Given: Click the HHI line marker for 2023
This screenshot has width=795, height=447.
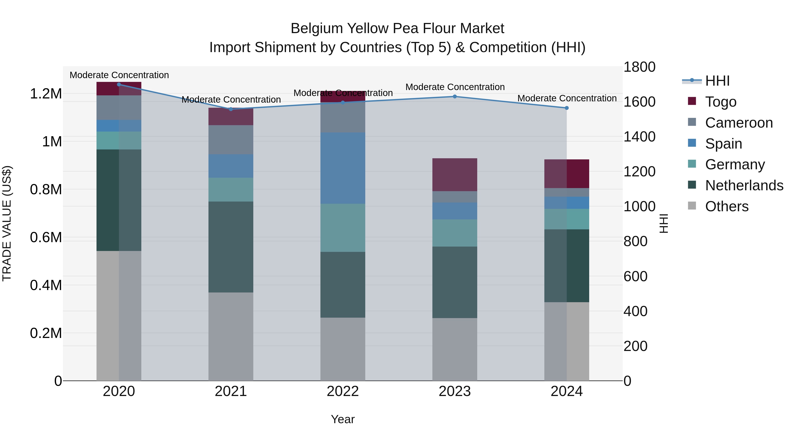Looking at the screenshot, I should [455, 96].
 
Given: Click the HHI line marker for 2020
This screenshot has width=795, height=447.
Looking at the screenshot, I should [119, 84].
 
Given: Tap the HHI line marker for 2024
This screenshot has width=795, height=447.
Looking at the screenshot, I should [567, 108].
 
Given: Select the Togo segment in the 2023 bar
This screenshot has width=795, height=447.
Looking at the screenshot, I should [455, 175].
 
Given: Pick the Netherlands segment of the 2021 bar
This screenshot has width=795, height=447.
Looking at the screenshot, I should [231, 247].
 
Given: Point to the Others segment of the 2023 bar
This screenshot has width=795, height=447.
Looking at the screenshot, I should [455, 349].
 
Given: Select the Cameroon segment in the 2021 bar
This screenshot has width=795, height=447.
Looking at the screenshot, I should [231, 140].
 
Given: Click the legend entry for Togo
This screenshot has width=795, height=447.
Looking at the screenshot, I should [721, 102].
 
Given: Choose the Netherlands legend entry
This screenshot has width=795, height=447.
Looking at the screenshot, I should [744, 185].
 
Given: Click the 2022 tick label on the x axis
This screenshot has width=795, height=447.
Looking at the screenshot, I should [343, 391].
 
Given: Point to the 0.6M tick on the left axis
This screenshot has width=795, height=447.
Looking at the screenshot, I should [46, 238].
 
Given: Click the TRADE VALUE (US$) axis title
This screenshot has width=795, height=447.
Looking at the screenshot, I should [7, 223].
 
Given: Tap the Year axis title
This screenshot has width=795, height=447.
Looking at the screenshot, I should [343, 419].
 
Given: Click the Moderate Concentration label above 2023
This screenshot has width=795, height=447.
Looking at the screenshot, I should [455, 87].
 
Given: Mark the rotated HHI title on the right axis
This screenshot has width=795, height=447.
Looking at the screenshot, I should [664, 223].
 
